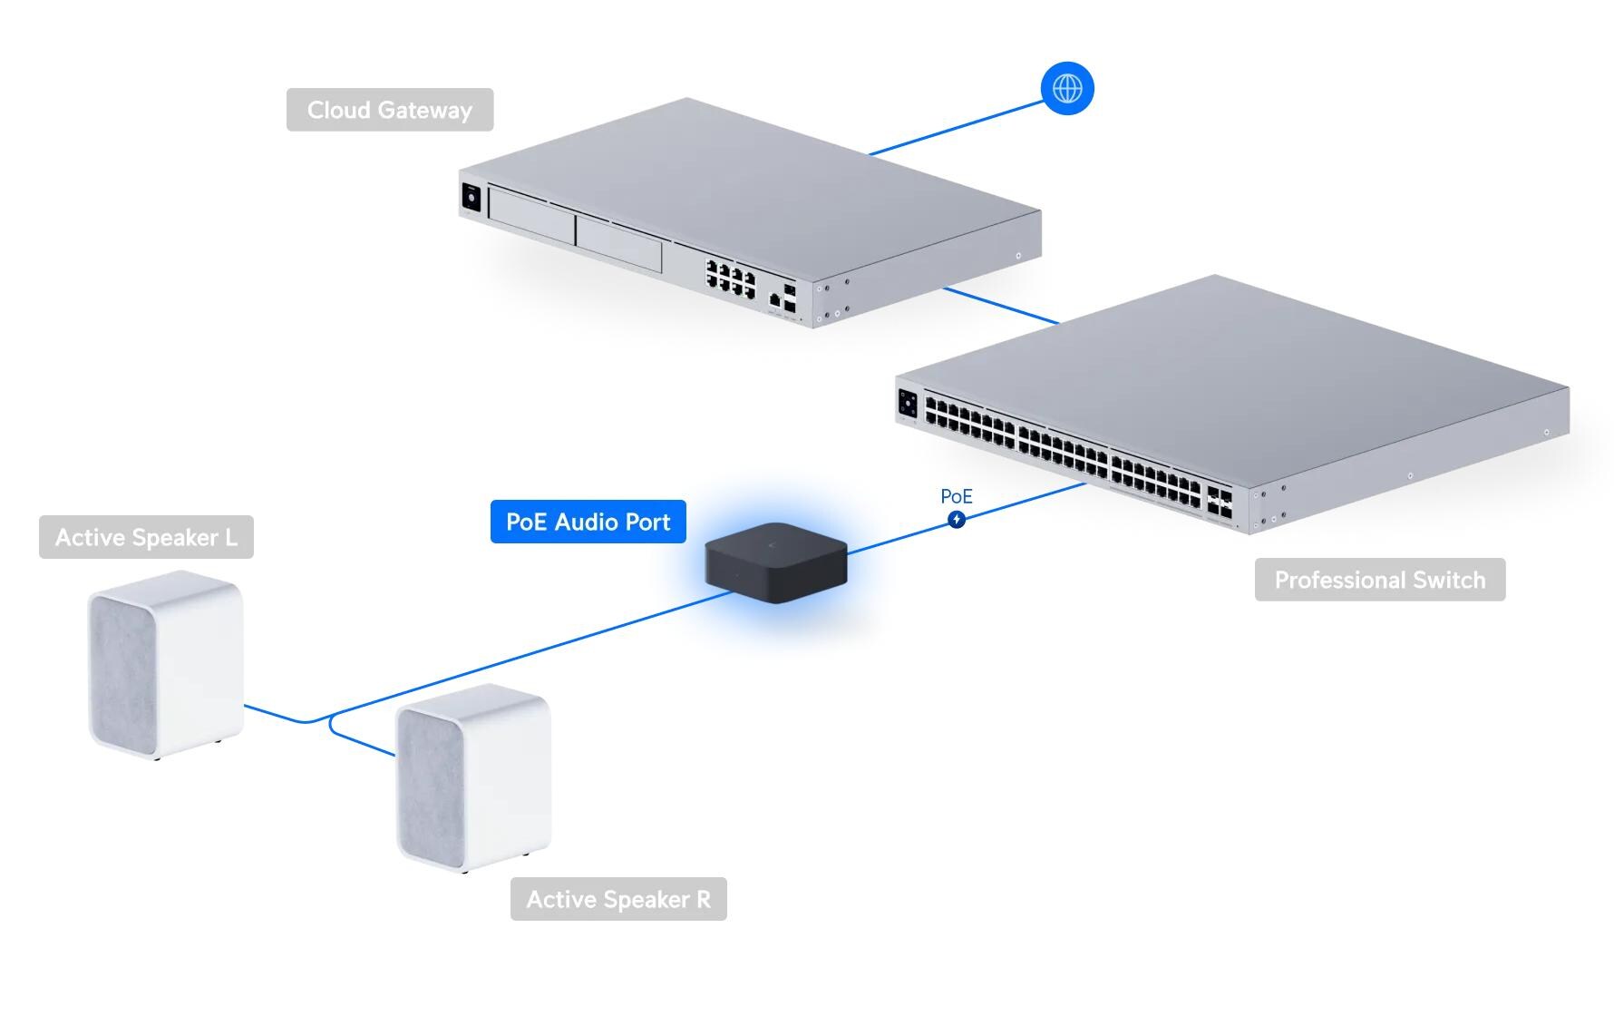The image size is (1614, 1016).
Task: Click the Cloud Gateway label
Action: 390,110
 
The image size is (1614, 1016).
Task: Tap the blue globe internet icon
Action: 1067,89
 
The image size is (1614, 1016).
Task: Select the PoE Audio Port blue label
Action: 588,522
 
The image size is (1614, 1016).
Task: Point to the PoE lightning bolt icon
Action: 957,520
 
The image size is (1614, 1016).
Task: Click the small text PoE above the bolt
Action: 956,496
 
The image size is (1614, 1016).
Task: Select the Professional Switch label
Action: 1379,580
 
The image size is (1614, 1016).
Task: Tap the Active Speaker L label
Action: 146,537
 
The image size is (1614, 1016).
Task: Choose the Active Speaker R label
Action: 618,899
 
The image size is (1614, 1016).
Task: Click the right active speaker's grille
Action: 432,786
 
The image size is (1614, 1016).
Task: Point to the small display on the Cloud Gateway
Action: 471,197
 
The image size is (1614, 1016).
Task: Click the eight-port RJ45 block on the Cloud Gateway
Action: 731,278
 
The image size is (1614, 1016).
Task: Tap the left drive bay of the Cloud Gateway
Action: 531,215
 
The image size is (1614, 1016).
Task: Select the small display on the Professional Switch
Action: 908,404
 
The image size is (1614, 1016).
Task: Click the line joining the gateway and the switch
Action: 1001,306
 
